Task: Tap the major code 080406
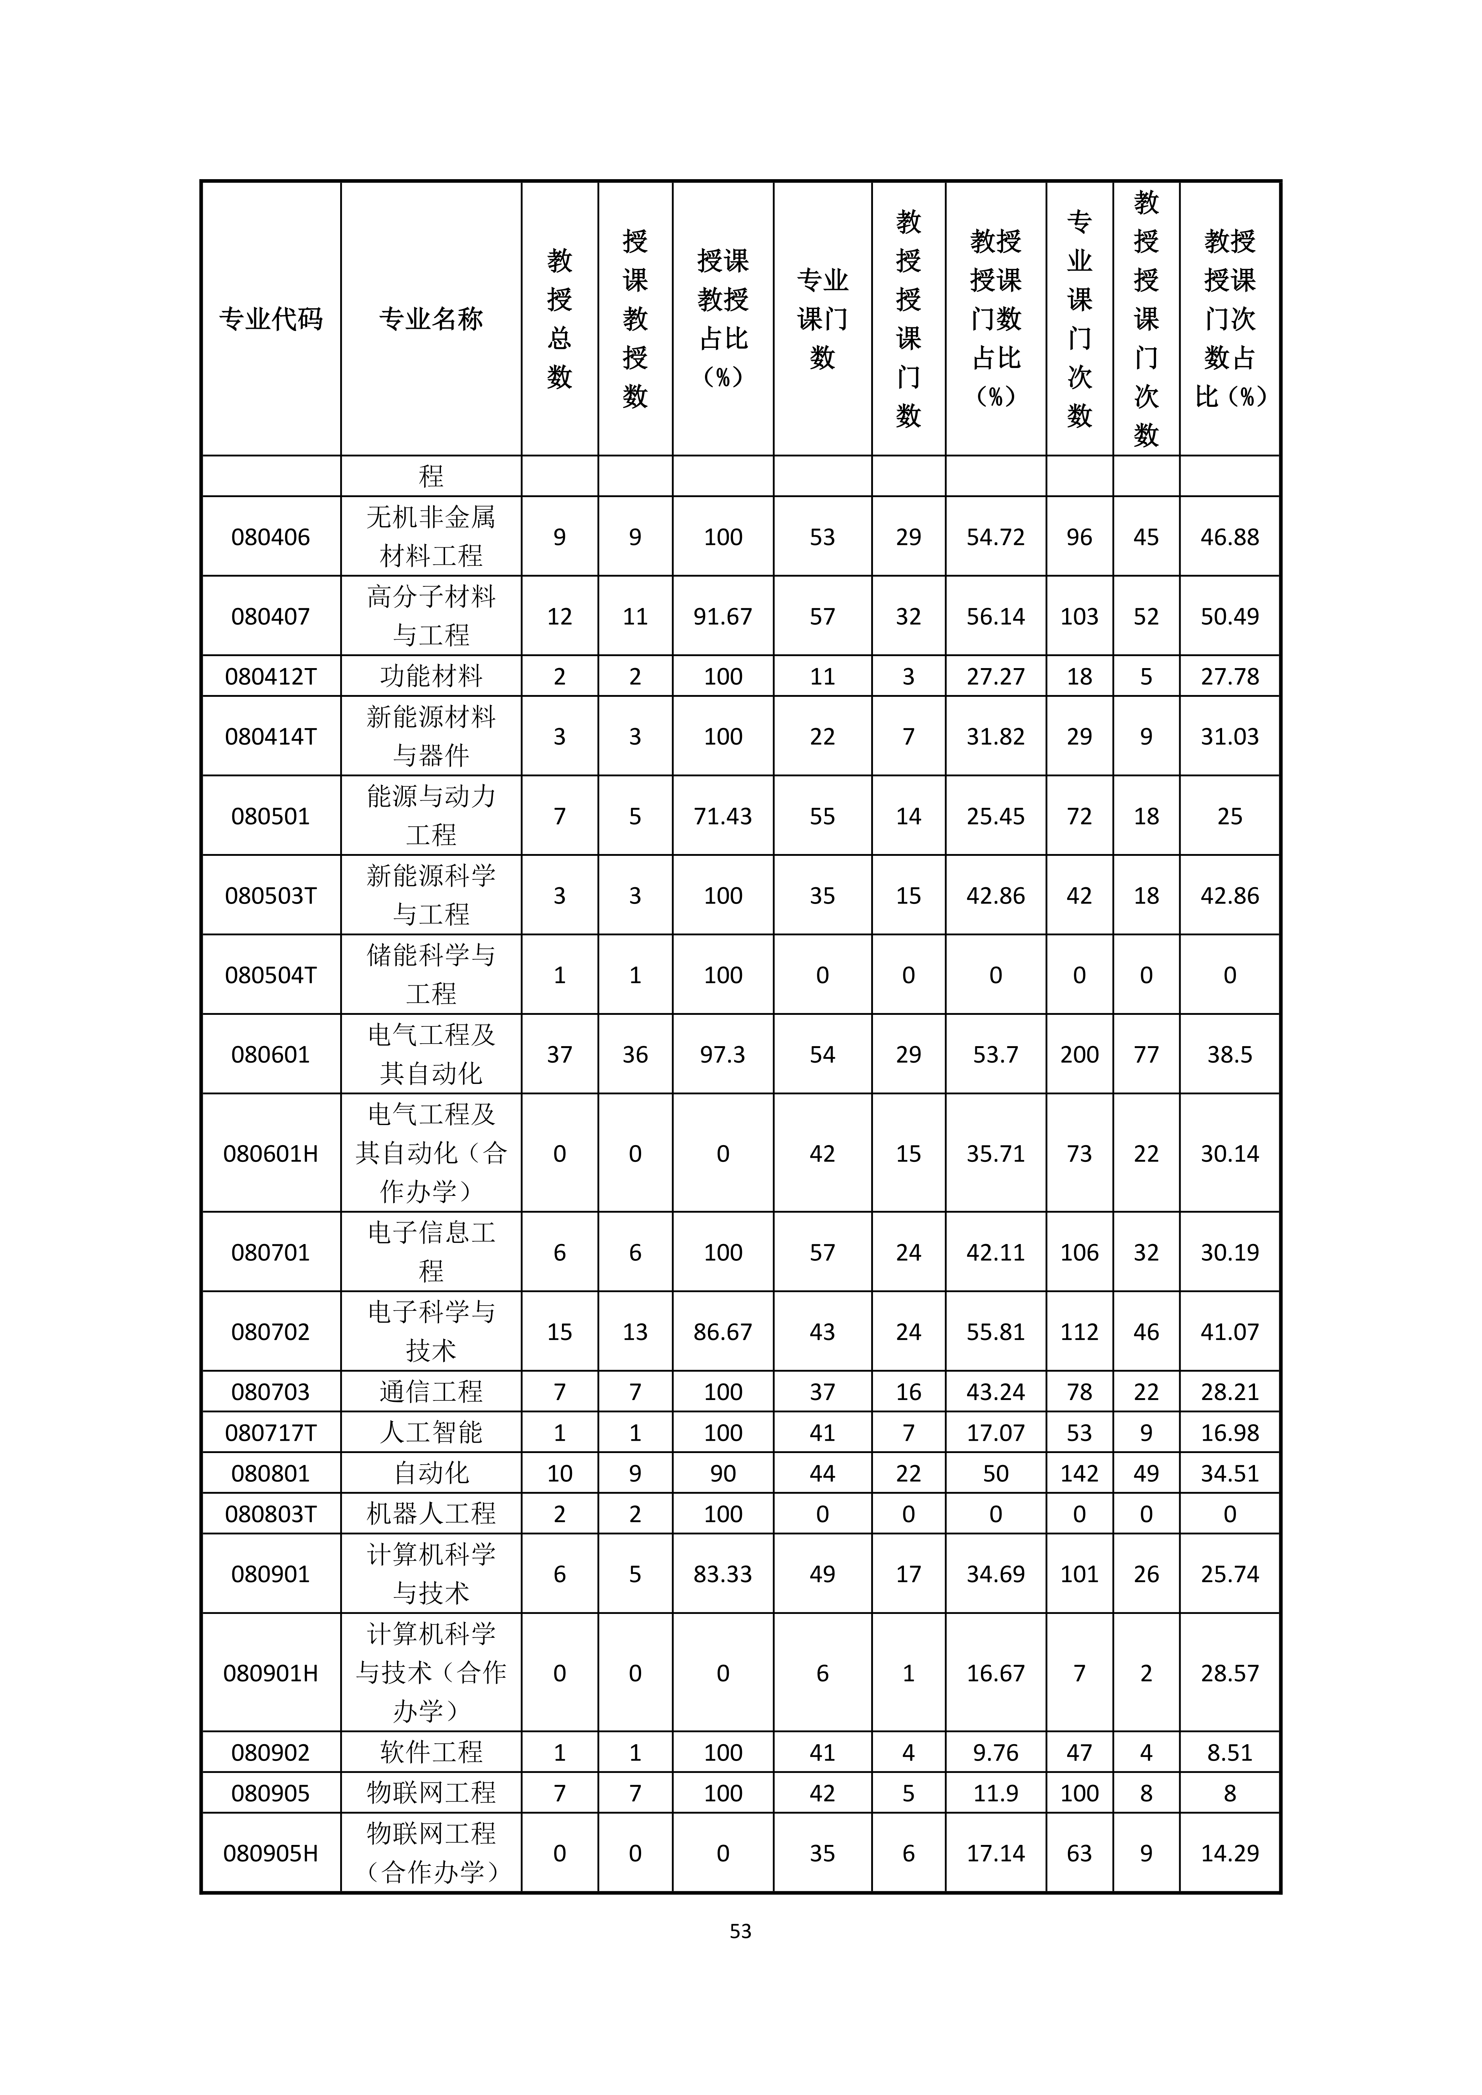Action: [x=271, y=536]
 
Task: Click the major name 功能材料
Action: [x=431, y=676]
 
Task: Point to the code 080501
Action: [x=271, y=816]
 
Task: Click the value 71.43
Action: [x=723, y=816]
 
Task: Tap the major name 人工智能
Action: [x=431, y=1432]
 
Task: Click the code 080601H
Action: [x=271, y=1153]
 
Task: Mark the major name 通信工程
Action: [x=431, y=1391]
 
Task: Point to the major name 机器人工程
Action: [x=431, y=1514]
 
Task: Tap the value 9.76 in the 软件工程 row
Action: [x=995, y=1752]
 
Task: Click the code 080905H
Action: [x=271, y=1853]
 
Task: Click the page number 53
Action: [x=740, y=1931]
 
